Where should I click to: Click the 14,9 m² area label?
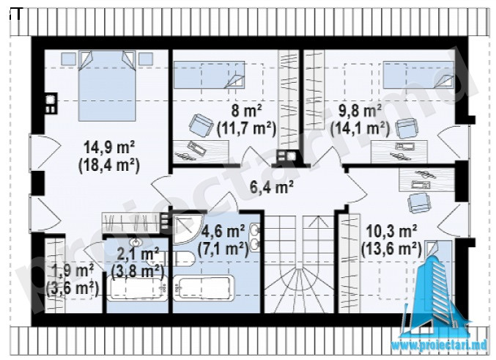point(109,148)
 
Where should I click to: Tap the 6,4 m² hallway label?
point(271,187)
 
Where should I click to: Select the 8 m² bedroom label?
point(247,111)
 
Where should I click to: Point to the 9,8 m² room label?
point(360,111)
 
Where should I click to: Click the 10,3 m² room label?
point(391,231)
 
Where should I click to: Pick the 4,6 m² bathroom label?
point(223,232)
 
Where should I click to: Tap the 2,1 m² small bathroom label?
point(137,255)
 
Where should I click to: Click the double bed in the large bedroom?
point(107,86)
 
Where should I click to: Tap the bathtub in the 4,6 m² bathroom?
point(203,289)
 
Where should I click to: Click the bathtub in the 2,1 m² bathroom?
point(137,288)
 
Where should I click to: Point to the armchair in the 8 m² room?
point(201,125)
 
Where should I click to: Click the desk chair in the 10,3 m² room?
point(420,202)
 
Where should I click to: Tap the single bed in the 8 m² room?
point(209,75)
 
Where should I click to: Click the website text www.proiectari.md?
point(439,345)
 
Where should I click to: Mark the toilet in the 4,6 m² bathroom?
point(183,258)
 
